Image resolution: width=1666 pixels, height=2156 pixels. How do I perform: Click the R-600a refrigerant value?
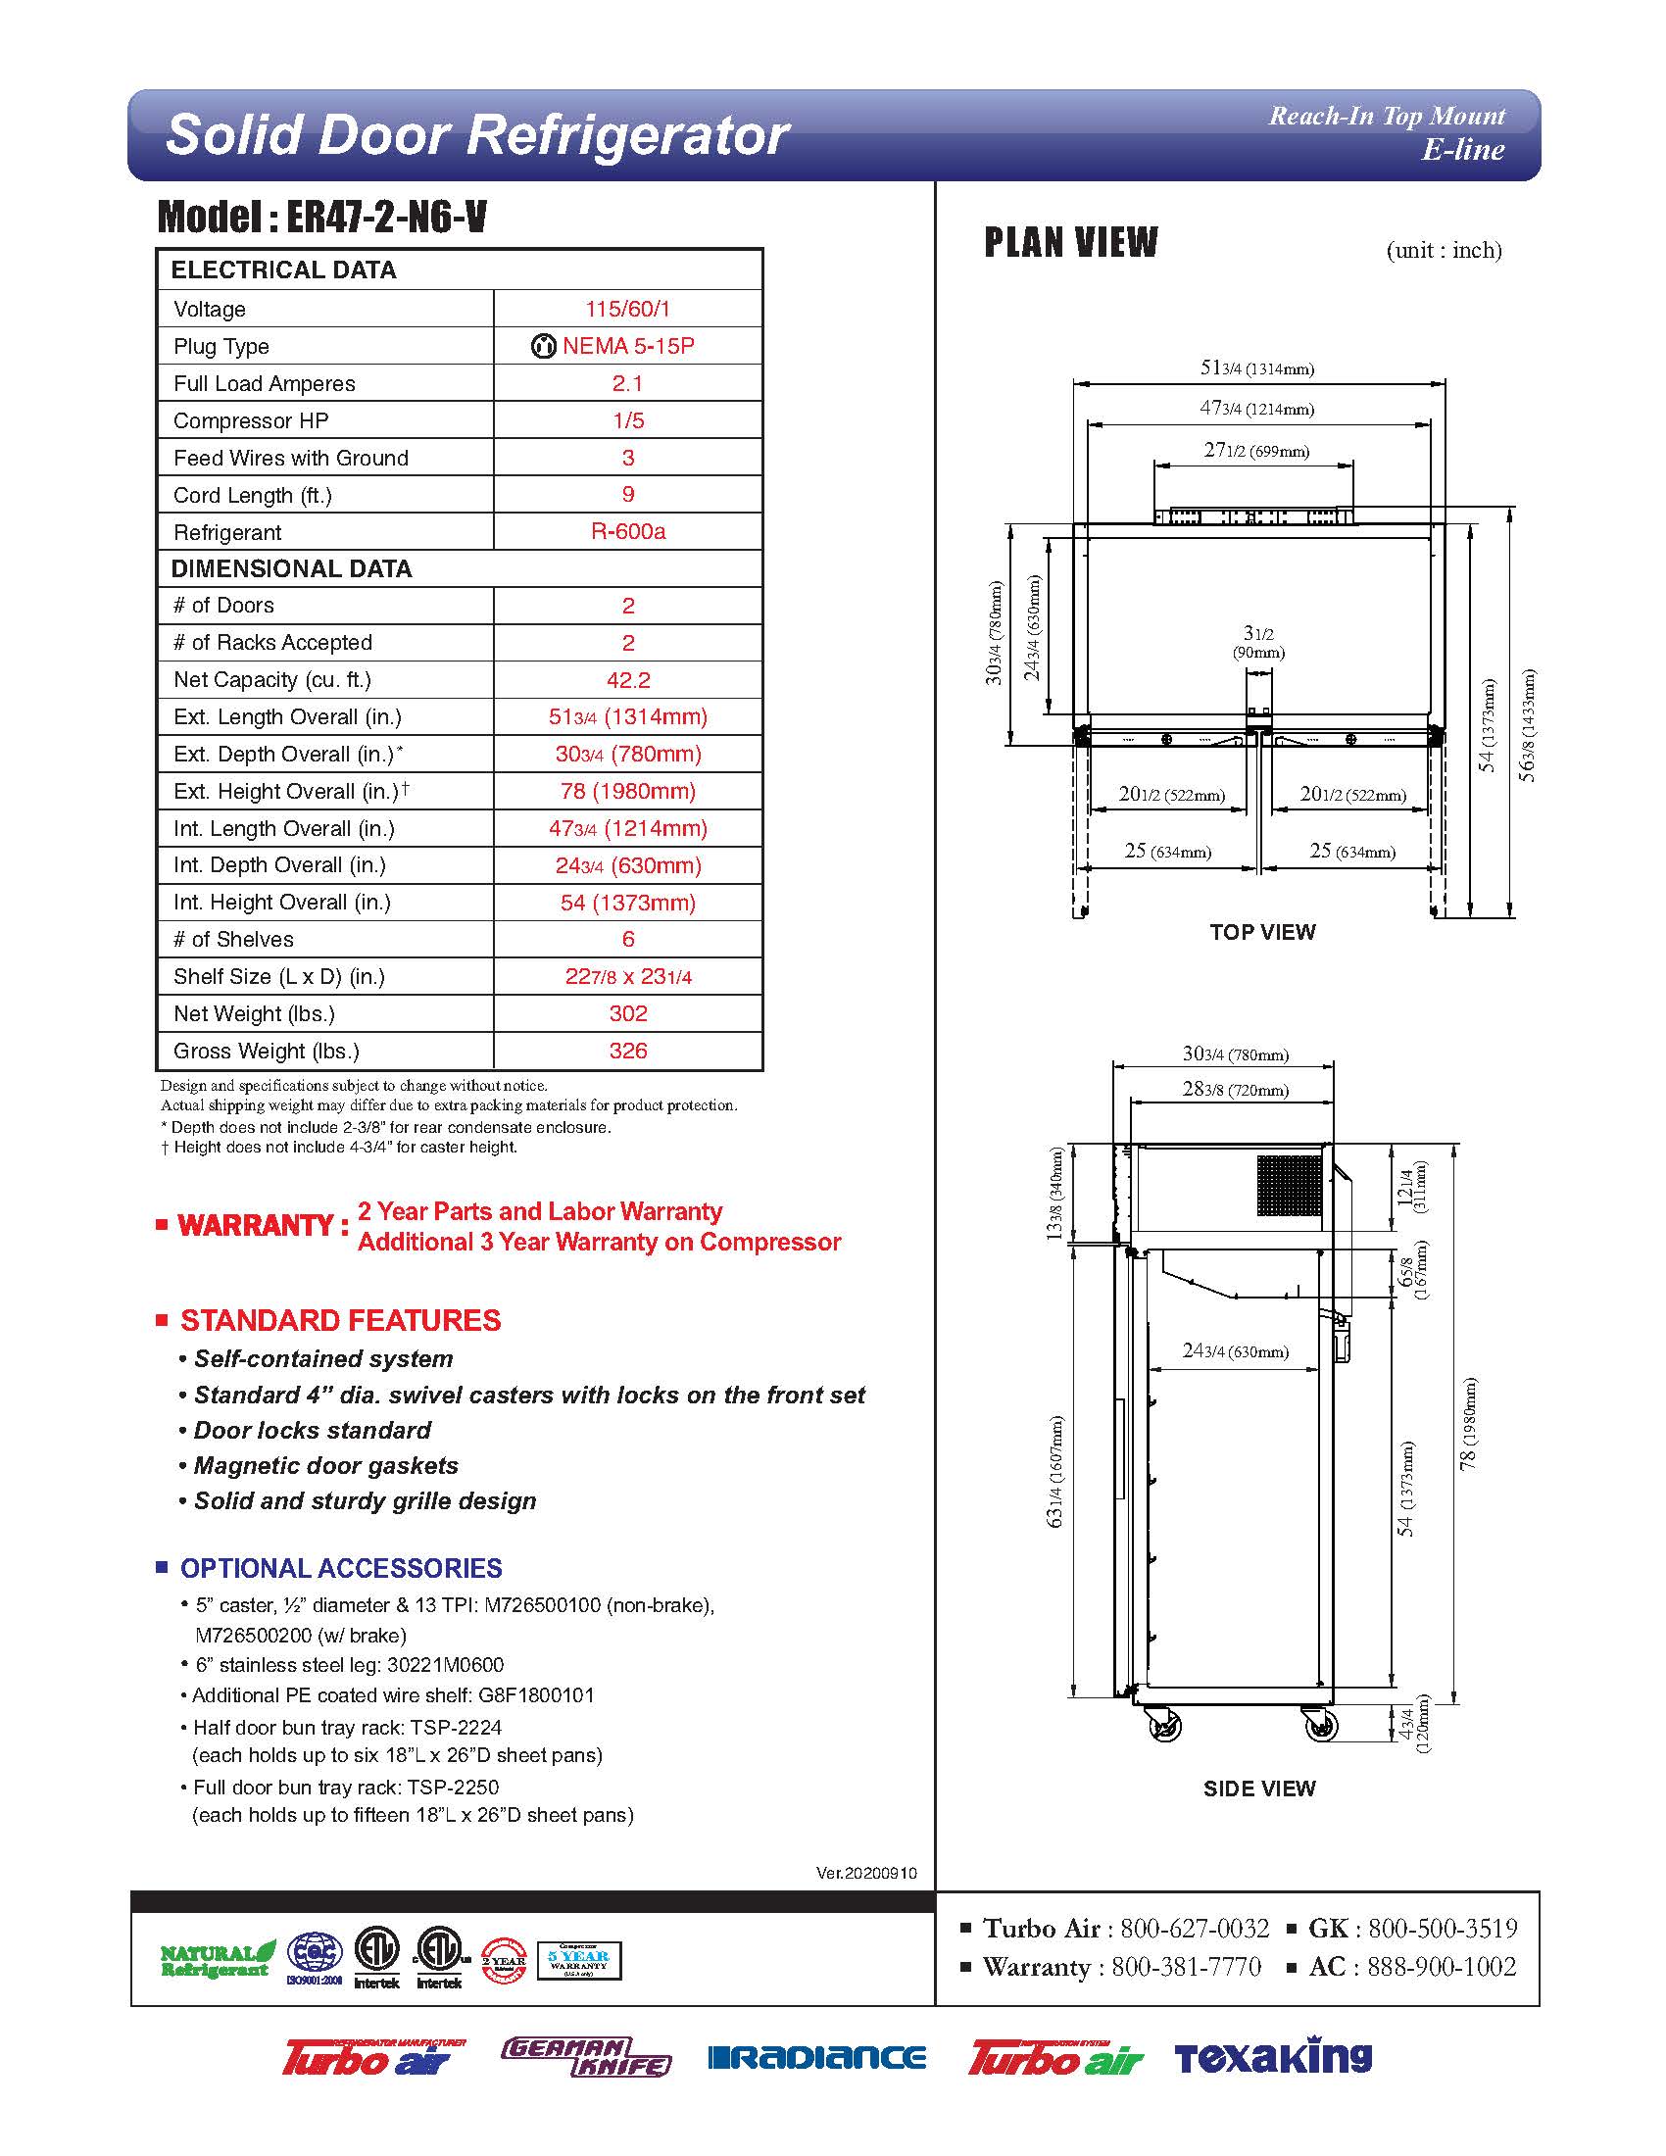[628, 531]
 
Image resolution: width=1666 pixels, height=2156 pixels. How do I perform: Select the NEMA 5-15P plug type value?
[628, 347]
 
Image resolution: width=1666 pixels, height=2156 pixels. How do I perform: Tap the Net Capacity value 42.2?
[628, 680]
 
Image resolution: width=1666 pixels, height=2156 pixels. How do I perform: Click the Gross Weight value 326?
[628, 1052]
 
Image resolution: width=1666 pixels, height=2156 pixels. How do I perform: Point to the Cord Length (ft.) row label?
[253, 496]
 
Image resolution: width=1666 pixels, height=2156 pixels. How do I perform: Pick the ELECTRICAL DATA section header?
[283, 270]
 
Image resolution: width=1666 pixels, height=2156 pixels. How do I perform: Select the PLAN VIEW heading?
[1071, 242]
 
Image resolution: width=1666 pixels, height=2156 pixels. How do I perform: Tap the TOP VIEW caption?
[1262, 932]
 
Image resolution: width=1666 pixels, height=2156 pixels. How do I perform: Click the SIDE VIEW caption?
[1258, 1788]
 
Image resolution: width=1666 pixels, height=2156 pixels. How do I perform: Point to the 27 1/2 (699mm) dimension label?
[1255, 451]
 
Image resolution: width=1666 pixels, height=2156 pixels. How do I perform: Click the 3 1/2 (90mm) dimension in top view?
[1257, 641]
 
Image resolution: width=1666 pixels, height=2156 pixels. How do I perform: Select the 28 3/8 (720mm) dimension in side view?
[1235, 1090]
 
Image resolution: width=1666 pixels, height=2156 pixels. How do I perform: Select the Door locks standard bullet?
[312, 1431]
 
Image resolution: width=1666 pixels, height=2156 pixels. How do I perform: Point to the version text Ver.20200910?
[866, 1873]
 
